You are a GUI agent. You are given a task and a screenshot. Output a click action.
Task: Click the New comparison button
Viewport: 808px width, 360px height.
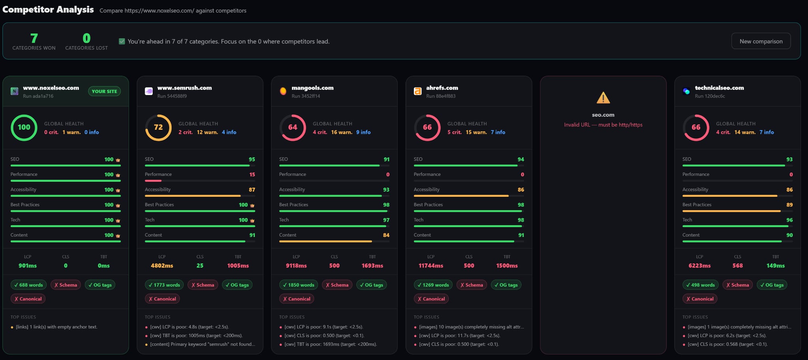[761, 41]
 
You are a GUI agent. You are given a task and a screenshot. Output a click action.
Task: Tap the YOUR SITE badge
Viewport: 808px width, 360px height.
[104, 91]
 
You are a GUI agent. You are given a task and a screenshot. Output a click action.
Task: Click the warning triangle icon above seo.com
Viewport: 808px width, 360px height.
[603, 97]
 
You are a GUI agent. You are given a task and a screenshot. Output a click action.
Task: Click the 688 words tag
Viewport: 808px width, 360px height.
[28, 285]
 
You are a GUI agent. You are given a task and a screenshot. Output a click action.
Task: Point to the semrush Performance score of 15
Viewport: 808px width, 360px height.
[252, 174]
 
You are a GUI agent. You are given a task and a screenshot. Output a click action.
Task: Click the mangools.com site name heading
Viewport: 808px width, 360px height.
[312, 88]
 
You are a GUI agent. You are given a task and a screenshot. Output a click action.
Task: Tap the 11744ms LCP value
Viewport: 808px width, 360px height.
[431, 266]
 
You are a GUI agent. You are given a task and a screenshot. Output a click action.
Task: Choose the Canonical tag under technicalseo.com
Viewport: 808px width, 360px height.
[700, 298]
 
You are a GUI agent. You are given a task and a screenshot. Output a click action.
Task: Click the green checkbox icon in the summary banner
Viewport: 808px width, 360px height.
[122, 41]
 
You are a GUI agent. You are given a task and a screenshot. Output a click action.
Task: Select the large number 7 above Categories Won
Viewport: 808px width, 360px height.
[34, 38]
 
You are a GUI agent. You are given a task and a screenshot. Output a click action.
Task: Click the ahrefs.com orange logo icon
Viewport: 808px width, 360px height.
[417, 91]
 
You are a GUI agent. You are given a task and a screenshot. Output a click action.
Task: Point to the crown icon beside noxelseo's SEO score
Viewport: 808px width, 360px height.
[118, 160]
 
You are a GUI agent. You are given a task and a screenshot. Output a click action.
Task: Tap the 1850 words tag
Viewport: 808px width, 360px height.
[299, 285]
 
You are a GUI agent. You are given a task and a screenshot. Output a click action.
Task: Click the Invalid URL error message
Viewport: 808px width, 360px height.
[603, 125]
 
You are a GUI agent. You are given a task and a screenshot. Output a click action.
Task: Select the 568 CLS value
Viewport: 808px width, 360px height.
[737, 266]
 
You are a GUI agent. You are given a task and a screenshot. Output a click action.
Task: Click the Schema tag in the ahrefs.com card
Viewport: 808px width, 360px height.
[471, 285]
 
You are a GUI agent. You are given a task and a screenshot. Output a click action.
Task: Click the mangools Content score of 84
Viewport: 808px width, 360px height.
[386, 235]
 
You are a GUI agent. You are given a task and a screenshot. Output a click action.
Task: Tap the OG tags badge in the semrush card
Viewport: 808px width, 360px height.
[237, 285]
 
